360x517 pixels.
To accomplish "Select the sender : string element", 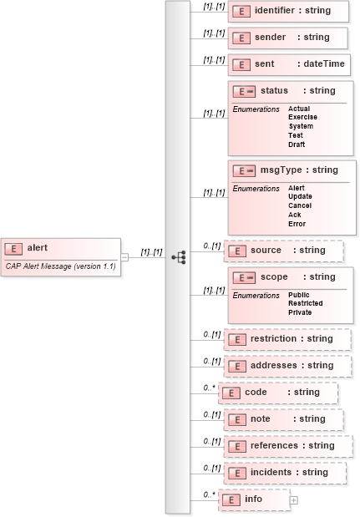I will (288, 38).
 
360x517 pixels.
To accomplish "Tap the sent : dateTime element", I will (289, 64).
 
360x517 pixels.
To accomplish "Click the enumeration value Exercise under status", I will (302, 118).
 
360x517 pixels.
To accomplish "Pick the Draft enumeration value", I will (297, 144).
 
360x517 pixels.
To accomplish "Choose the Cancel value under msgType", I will (300, 205).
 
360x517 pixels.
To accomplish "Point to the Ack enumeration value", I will (296, 215).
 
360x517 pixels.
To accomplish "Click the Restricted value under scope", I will (306, 304).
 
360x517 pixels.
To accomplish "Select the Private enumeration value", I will (300, 312).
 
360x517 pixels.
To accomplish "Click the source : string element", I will (285, 251).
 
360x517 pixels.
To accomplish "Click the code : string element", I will (278, 393).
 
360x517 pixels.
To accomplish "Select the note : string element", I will (285, 419).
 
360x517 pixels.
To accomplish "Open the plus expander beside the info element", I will (294, 499).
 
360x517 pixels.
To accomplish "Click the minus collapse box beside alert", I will (124, 256).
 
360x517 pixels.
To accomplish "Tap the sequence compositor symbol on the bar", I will (178, 257).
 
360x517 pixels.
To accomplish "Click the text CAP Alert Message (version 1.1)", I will (60, 266).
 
